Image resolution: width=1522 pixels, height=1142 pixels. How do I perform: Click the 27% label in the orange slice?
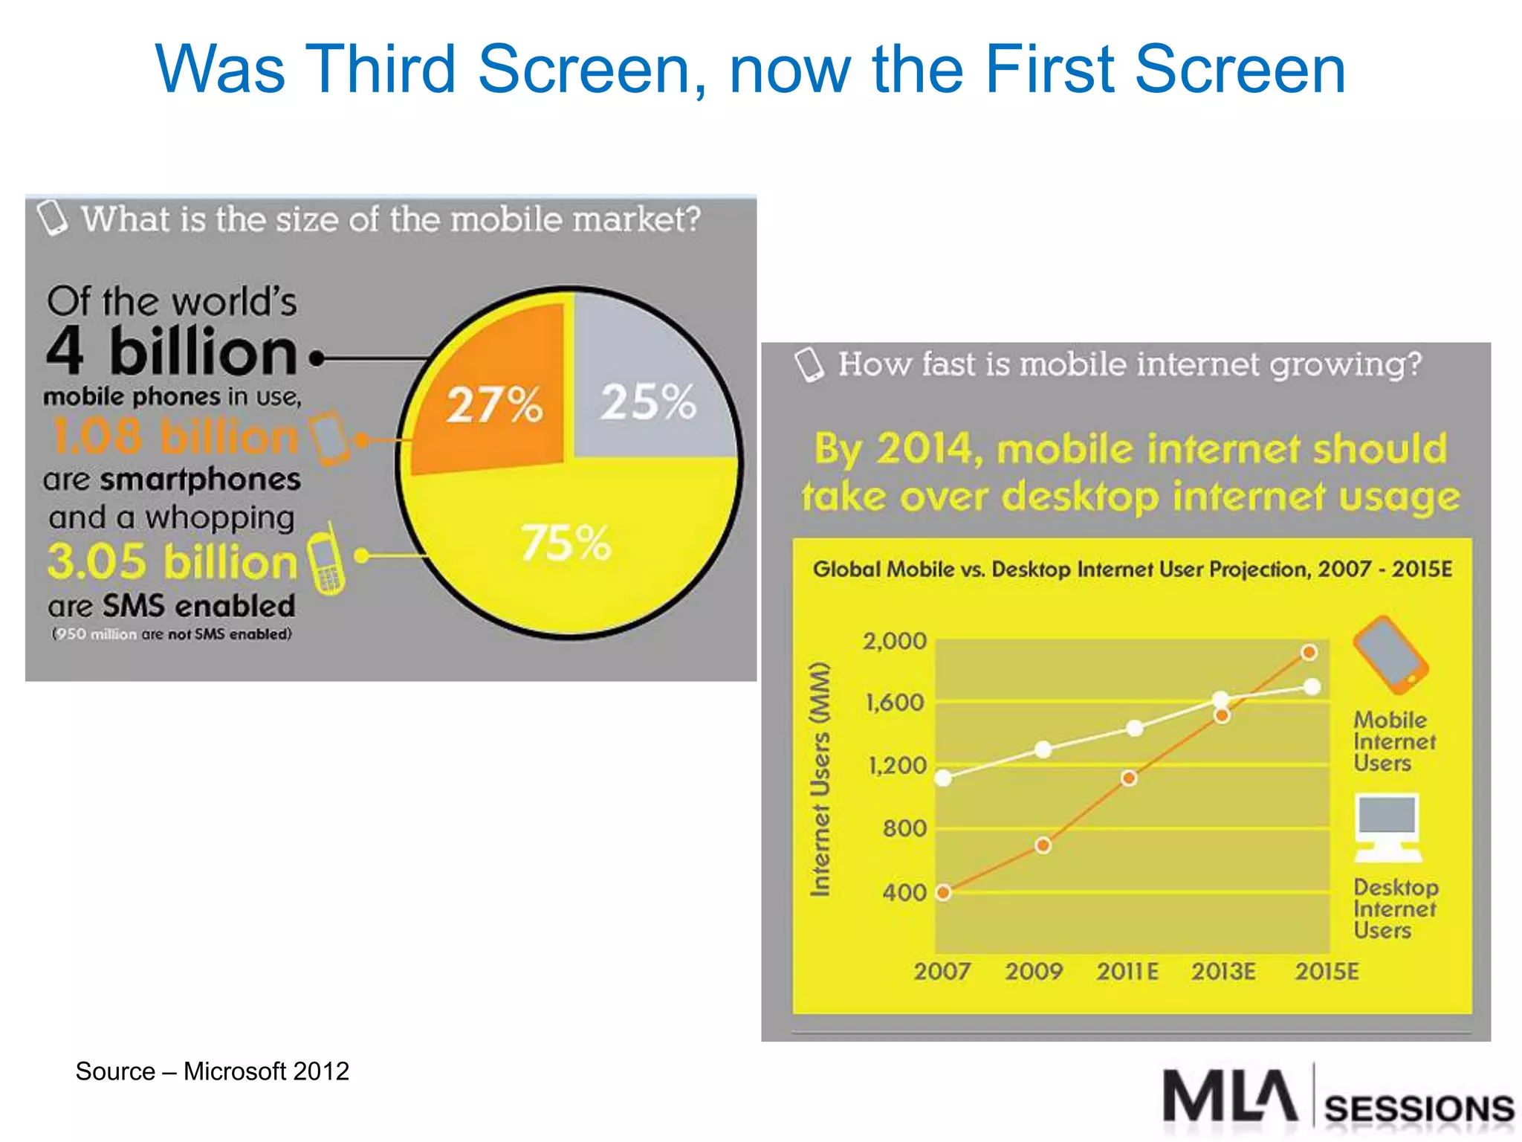pyautogui.click(x=494, y=405)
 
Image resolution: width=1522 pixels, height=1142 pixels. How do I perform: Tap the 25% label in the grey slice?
pyautogui.click(x=648, y=402)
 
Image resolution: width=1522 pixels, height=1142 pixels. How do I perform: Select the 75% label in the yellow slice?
pyautogui.click(x=566, y=542)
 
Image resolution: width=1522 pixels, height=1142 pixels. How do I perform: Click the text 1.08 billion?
pyautogui.click(x=175, y=436)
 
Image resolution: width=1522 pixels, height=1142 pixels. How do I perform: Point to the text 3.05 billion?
pyautogui.click(x=172, y=562)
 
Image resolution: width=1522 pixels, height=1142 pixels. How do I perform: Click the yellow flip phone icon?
pyautogui.click(x=326, y=560)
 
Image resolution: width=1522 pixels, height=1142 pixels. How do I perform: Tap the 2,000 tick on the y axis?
pyautogui.click(x=894, y=641)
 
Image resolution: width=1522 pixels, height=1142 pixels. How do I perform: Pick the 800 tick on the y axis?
pyautogui.click(x=904, y=828)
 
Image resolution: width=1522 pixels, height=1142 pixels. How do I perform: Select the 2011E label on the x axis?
pyautogui.click(x=1127, y=972)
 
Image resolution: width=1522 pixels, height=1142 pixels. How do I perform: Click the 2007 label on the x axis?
pyautogui.click(x=942, y=972)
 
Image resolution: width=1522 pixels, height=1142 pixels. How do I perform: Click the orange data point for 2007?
pyautogui.click(x=943, y=892)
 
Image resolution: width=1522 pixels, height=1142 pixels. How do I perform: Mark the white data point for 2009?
pyautogui.click(x=1043, y=749)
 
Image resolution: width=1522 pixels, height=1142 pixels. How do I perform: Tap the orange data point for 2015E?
pyautogui.click(x=1309, y=652)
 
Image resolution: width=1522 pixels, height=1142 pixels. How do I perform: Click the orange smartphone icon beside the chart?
pyautogui.click(x=1390, y=654)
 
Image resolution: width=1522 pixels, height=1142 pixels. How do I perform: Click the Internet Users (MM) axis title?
pyautogui.click(x=819, y=779)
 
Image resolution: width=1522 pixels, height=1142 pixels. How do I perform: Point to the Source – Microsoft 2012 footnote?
pyautogui.click(x=212, y=1071)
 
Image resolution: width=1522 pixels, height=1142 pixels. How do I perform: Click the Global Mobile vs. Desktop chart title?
pyautogui.click(x=1132, y=570)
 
